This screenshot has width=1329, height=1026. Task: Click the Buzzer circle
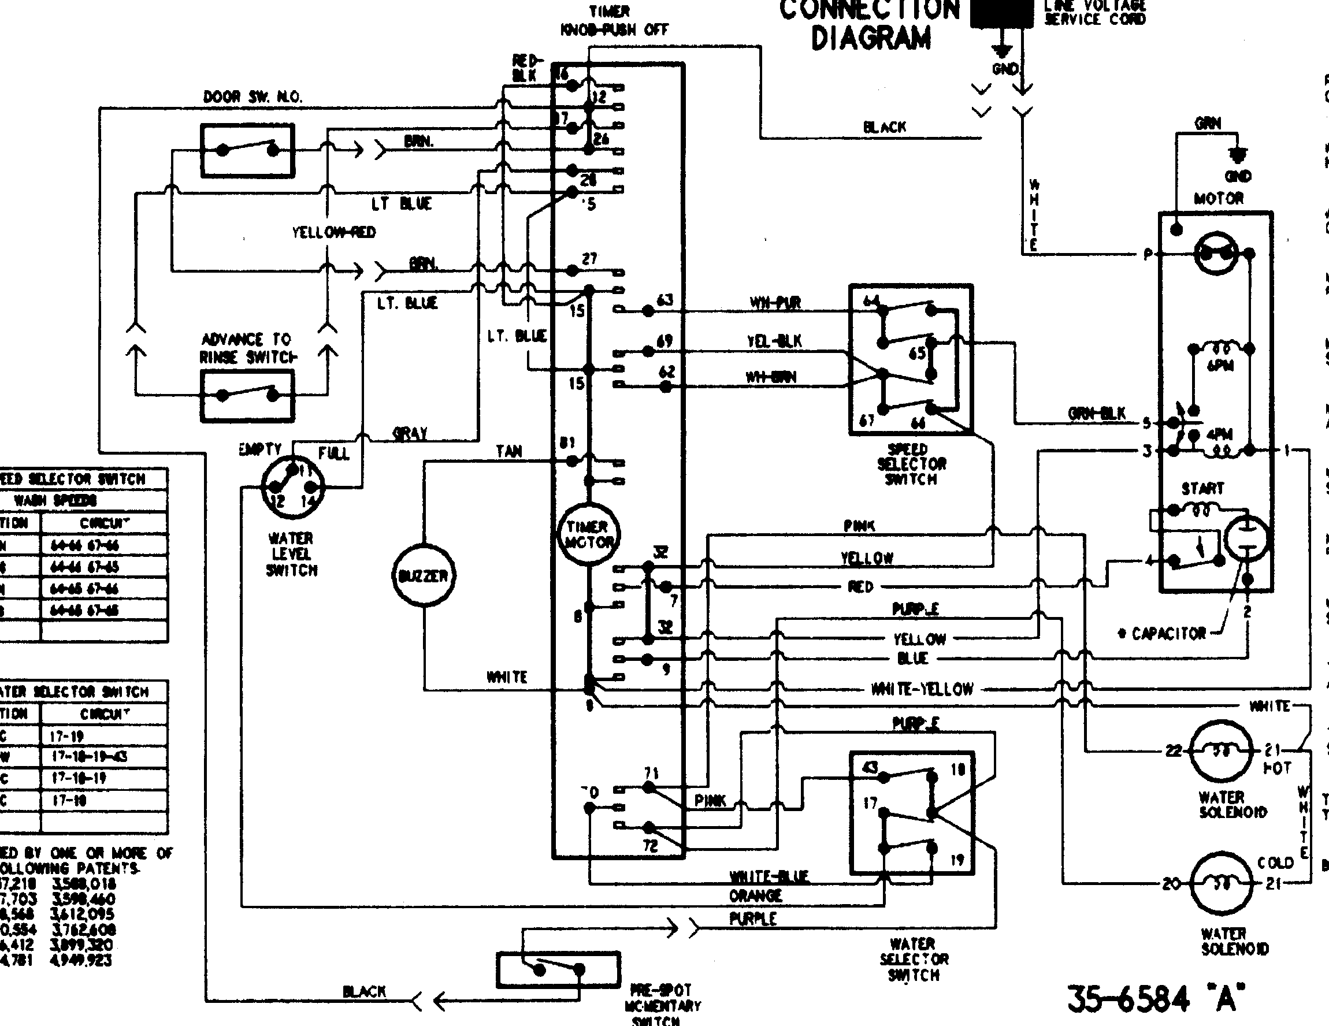click(x=423, y=575)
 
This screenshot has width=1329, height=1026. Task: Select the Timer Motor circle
click(x=587, y=535)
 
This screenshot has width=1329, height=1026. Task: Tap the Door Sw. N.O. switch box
click(x=248, y=150)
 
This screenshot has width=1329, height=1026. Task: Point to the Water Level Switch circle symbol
click(x=293, y=485)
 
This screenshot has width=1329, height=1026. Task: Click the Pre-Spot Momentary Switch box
click(x=558, y=969)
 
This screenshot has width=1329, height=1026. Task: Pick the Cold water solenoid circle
click(x=1221, y=883)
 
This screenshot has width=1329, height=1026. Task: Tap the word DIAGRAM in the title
click(x=871, y=38)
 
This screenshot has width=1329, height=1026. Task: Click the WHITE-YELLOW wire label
click(x=922, y=689)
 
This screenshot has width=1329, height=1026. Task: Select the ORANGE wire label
click(x=755, y=896)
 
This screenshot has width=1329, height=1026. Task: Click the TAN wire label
click(x=508, y=452)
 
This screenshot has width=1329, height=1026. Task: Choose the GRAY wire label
click(x=410, y=434)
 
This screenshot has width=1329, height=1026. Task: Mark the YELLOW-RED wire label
click(x=333, y=232)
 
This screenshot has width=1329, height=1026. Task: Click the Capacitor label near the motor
click(x=1168, y=634)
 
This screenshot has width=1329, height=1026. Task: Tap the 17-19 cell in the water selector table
click(x=66, y=737)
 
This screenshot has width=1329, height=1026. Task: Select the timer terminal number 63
click(x=664, y=300)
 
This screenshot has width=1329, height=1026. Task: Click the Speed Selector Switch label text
click(x=911, y=464)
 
